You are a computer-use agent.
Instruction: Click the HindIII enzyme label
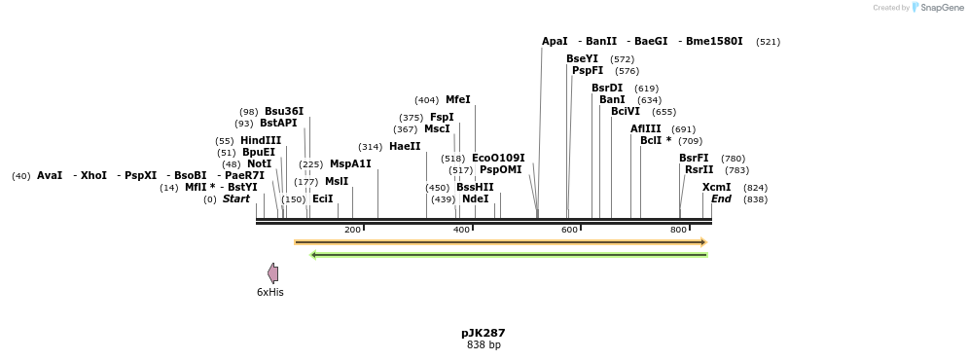[x=261, y=141]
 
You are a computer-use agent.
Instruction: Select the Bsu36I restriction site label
[x=284, y=112]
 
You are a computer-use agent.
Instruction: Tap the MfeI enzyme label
[x=457, y=100]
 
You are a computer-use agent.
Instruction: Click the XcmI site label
[x=716, y=188]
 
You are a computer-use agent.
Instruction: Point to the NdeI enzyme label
[x=475, y=199]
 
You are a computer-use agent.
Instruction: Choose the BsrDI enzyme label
[x=607, y=89]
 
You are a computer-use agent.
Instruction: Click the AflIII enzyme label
[x=645, y=129]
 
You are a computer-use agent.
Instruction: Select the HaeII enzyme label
[x=405, y=147]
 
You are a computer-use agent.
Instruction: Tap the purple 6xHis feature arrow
[x=273, y=273]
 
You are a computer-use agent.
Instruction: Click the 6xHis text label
[x=270, y=292]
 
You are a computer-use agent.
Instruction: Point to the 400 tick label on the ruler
[x=462, y=230]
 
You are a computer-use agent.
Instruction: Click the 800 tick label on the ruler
[x=678, y=230]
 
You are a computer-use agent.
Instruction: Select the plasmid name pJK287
[x=484, y=333]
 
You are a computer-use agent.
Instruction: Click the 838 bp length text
[x=484, y=345]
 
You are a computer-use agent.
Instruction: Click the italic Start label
[x=236, y=199]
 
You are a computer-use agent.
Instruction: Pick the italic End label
[x=721, y=199]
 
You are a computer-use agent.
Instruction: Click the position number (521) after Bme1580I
[x=768, y=42]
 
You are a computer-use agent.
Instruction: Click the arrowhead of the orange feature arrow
[x=702, y=242]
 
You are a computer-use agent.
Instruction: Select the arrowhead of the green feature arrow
[x=313, y=255]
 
